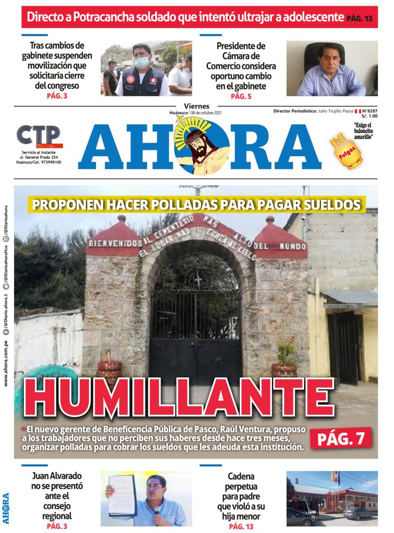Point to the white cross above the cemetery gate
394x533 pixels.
tap(198, 279)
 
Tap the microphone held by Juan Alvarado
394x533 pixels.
tap(156, 510)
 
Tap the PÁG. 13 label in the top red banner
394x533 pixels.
tap(360, 19)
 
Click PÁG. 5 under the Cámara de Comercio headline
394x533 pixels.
tap(241, 96)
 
